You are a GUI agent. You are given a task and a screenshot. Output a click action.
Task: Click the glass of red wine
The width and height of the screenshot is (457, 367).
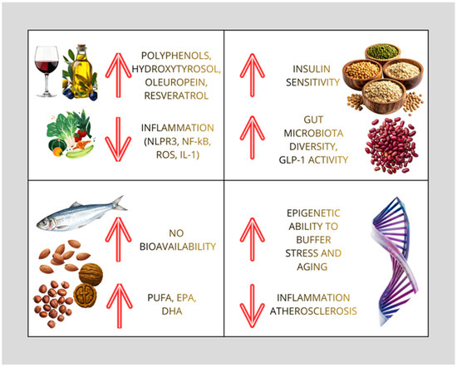pos(47,71)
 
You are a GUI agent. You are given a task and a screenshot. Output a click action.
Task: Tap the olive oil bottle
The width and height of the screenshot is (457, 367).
pos(80,72)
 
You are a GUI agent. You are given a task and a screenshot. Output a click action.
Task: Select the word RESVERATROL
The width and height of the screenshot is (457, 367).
pos(176,95)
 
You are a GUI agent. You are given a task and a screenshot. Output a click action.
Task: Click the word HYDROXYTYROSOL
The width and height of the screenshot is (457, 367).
pos(176,69)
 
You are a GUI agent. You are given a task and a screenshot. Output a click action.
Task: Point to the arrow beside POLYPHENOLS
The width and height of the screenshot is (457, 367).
pos(118,75)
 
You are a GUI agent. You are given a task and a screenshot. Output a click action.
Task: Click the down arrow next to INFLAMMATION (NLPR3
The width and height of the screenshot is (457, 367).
pos(118,139)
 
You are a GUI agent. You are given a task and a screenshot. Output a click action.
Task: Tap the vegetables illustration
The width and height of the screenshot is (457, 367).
pos(71,134)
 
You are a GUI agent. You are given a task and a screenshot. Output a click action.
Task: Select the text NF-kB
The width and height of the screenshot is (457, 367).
pos(196,142)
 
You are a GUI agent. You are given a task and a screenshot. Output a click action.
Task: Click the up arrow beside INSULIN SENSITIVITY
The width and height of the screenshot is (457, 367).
pos(253,75)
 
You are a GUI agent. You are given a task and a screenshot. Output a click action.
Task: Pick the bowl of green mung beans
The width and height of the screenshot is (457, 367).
pos(383,53)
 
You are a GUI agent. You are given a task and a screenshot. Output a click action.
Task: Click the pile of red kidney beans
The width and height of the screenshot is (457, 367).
pos(391,145)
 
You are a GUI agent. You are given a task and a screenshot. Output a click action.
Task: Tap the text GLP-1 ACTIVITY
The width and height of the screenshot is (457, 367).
pos(313,160)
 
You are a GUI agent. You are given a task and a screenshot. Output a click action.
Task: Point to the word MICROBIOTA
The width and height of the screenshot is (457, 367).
pos(313,133)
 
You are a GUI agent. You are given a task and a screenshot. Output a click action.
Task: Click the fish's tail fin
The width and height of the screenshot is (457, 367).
pos(119,203)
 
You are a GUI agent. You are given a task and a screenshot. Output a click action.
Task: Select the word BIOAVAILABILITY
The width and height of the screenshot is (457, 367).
pos(178,247)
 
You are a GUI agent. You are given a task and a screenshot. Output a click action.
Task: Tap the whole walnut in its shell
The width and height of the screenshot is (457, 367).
pos(91,274)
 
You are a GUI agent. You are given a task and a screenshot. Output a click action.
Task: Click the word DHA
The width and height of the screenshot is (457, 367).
pos(172,311)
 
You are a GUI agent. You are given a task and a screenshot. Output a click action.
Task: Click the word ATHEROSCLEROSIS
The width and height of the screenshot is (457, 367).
pos(313,311)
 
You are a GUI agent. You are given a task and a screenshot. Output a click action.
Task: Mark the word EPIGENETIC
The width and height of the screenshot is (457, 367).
pos(313,213)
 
